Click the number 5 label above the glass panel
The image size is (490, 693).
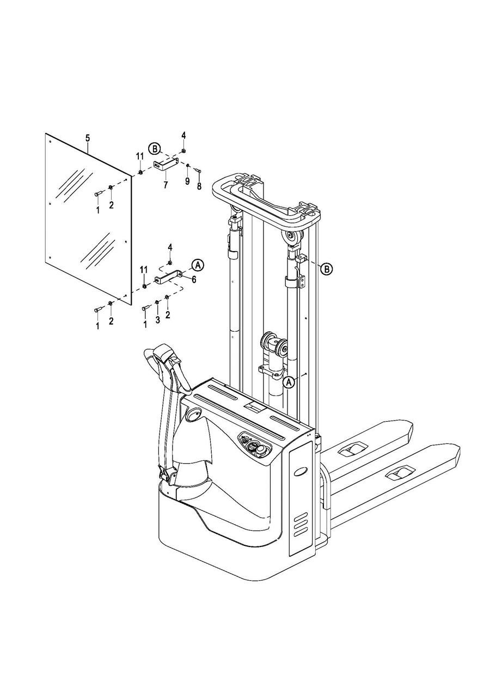click(x=88, y=138)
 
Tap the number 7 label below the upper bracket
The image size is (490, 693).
click(x=166, y=185)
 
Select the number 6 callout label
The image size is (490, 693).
click(x=194, y=279)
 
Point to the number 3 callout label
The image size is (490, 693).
click(x=158, y=320)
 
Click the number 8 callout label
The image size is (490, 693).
click(x=199, y=186)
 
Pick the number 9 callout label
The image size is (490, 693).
click(x=187, y=181)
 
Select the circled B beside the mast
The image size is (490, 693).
click(x=327, y=269)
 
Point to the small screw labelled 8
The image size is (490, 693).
click(x=199, y=170)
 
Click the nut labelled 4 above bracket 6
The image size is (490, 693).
click(x=170, y=263)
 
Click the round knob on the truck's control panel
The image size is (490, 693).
click(x=261, y=449)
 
